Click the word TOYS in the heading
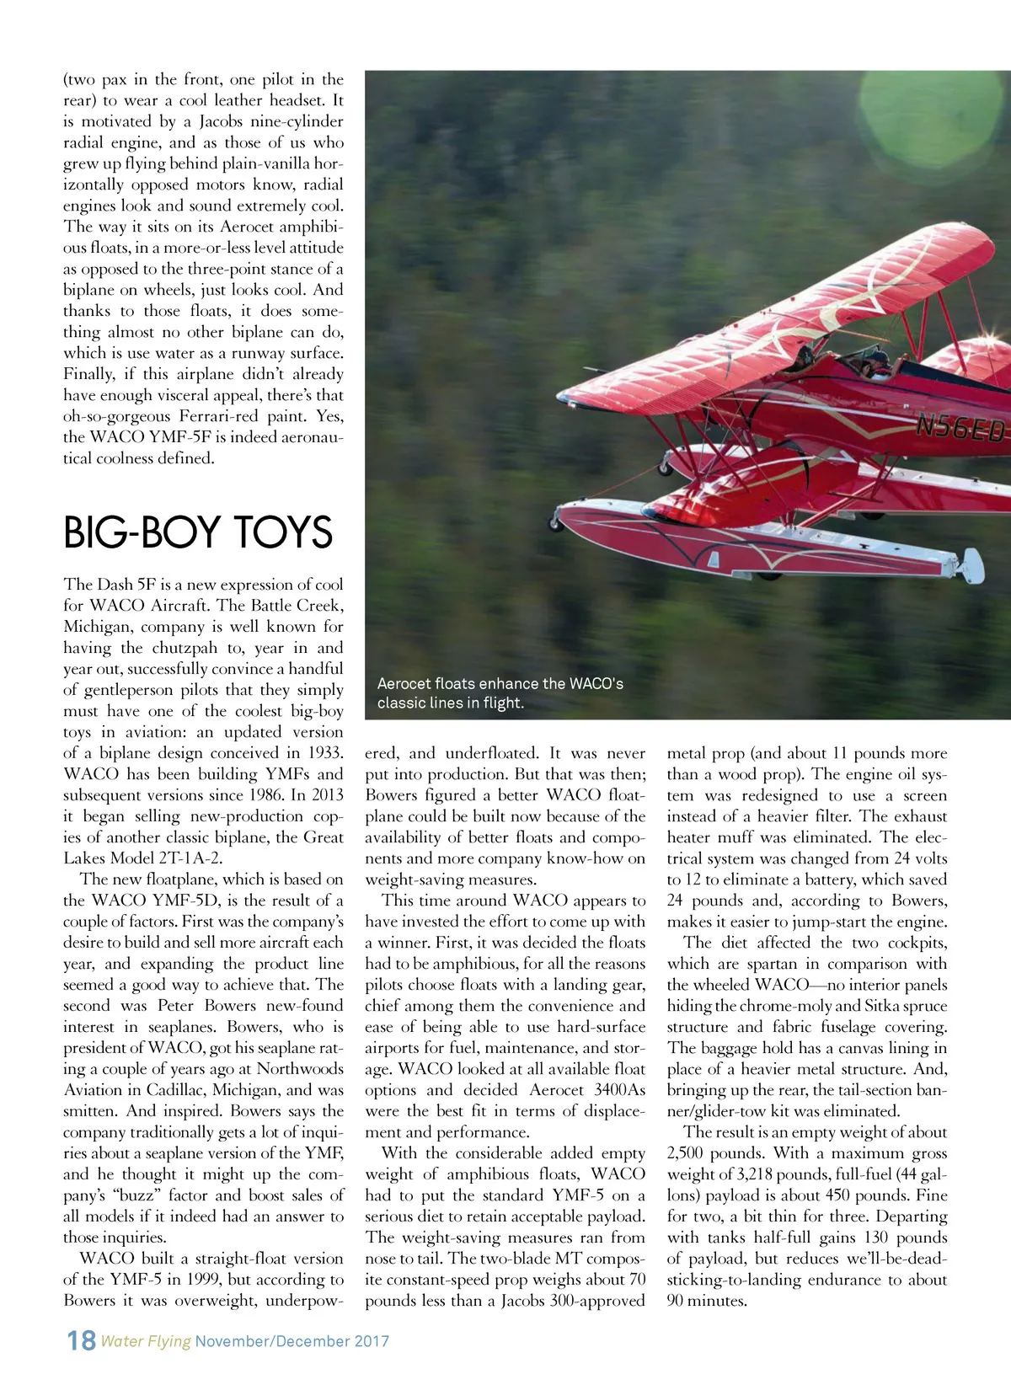[281, 532]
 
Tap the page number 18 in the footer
[82, 1339]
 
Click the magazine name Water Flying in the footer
[146, 1340]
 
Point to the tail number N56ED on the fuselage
[960, 429]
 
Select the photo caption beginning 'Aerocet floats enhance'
[500, 692]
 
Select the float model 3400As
[620, 1090]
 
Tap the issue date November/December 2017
[292, 1340]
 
